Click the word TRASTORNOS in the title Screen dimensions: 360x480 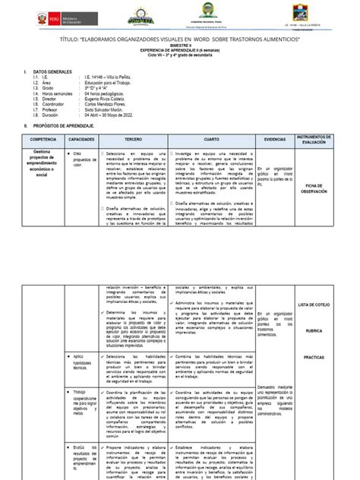[x=246, y=37]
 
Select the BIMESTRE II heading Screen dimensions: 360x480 [x=180, y=45]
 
